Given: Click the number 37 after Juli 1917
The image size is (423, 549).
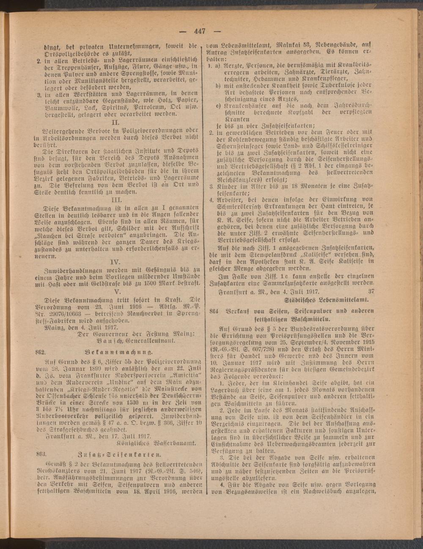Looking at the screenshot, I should (371, 291).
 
